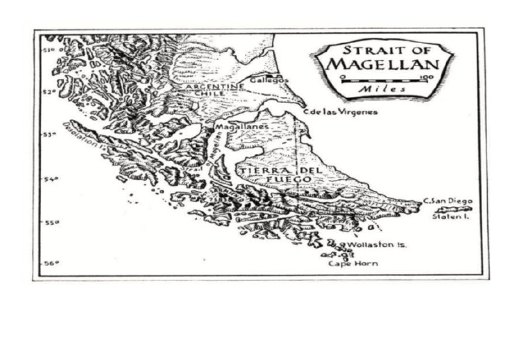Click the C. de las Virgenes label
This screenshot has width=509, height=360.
click(x=340, y=112)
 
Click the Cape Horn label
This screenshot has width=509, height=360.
click(x=353, y=264)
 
